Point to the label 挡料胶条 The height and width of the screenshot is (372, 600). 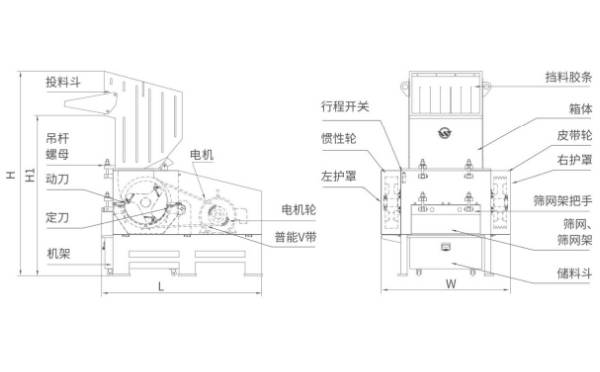coord(568,76)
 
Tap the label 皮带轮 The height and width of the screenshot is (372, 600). coord(573,134)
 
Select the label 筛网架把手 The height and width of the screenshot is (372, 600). coord(566,201)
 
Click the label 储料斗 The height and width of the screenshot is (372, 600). coord(567,270)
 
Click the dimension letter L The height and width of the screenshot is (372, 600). coord(160,287)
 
